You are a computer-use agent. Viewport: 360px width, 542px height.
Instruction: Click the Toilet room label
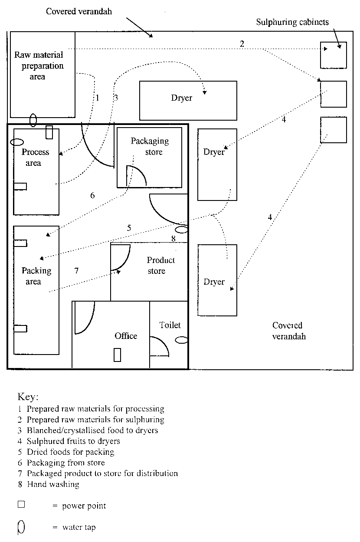click(170, 325)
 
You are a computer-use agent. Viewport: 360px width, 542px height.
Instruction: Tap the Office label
click(126, 336)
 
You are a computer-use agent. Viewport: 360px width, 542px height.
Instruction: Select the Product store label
click(160, 266)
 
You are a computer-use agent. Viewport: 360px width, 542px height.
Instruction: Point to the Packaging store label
click(150, 146)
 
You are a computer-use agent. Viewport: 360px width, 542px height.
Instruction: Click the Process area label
click(35, 158)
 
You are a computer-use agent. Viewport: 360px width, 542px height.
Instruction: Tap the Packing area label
click(36, 276)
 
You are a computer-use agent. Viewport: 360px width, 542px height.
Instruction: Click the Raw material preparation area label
click(39, 66)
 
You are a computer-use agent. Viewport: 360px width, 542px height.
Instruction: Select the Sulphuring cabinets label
click(292, 22)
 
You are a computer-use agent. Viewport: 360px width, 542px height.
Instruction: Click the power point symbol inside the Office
click(117, 355)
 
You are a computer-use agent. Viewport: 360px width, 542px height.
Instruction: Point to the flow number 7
click(76, 271)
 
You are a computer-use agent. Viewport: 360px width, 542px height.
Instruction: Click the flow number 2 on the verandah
click(242, 43)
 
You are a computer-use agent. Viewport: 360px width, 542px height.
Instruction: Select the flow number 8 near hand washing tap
click(173, 238)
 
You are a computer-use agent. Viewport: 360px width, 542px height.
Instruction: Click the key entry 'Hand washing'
click(53, 484)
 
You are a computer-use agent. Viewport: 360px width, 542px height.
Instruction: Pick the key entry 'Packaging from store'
click(65, 463)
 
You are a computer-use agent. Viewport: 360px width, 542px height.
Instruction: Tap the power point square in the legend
click(21, 505)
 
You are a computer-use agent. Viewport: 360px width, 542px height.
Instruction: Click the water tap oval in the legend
click(21, 527)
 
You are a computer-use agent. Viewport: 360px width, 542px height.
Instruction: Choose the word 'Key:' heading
click(28, 397)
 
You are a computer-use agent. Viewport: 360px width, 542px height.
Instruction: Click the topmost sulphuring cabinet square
click(333, 55)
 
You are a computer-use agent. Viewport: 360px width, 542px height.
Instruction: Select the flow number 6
click(92, 195)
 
